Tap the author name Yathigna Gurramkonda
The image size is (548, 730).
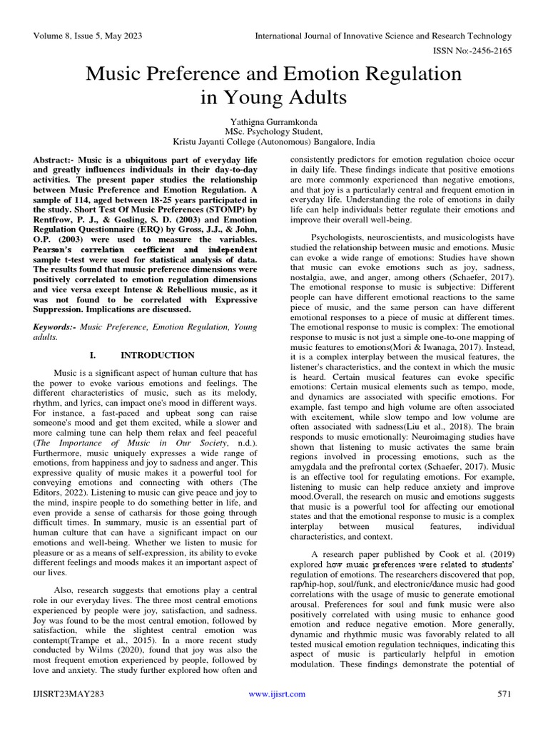(x=273, y=122)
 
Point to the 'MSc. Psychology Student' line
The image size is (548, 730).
(x=273, y=132)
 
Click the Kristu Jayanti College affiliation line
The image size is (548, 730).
(x=273, y=142)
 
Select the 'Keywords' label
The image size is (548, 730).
(x=54, y=326)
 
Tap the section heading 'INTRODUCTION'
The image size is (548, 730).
(x=157, y=355)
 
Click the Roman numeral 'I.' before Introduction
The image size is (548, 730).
(x=92, y=355)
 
